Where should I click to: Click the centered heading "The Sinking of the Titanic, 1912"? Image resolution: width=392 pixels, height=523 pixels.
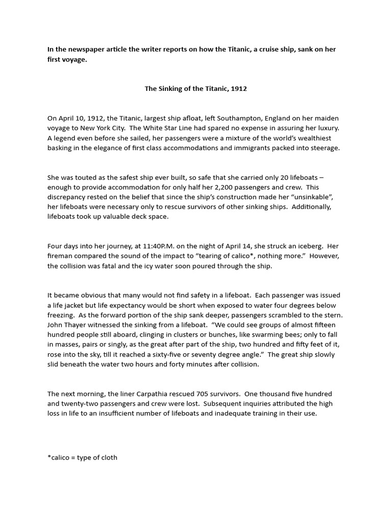[x=196, y=88]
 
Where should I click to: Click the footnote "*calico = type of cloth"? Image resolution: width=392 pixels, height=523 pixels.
[x=82, y=457]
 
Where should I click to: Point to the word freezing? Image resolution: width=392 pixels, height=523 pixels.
[x=61, y=315]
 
